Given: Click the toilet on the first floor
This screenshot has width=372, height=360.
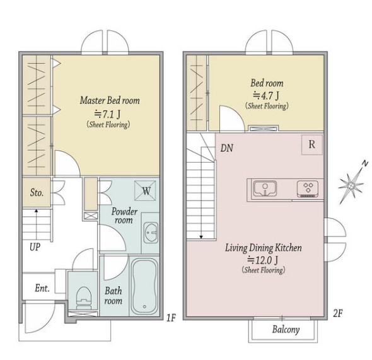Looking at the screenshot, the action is [83, 298].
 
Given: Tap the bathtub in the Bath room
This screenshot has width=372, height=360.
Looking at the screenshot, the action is [144, 286].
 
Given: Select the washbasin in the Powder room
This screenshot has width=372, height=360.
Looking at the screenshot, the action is [151, 233].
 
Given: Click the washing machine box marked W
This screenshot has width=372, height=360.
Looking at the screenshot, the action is [145, 190].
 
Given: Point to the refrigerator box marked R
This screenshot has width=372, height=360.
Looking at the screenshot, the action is [312, 144].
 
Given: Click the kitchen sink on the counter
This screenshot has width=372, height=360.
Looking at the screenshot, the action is [265, 189].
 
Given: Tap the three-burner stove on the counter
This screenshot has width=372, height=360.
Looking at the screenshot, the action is [308, 189].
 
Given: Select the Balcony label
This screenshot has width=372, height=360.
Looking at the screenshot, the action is [286, 329].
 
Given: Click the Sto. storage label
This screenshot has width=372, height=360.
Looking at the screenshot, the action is [37, 192].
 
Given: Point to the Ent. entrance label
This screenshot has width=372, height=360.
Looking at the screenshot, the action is [42, 288].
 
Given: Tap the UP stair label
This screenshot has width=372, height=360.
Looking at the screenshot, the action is [35, 247].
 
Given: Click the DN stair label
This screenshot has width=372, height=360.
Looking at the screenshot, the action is [227, 148].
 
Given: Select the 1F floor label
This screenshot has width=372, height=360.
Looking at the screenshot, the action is [171, 318].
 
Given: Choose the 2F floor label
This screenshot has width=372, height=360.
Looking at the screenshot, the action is [338, 313].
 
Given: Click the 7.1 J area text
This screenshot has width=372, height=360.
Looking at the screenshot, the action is [107, 114].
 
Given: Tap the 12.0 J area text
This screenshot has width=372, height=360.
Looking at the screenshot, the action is [263, 260].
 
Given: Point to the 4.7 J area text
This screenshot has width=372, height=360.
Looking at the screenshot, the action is [265, 95].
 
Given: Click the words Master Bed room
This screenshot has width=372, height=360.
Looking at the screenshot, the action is [110, 100].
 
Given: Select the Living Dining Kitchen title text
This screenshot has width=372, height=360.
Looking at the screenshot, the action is [264, 248].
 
